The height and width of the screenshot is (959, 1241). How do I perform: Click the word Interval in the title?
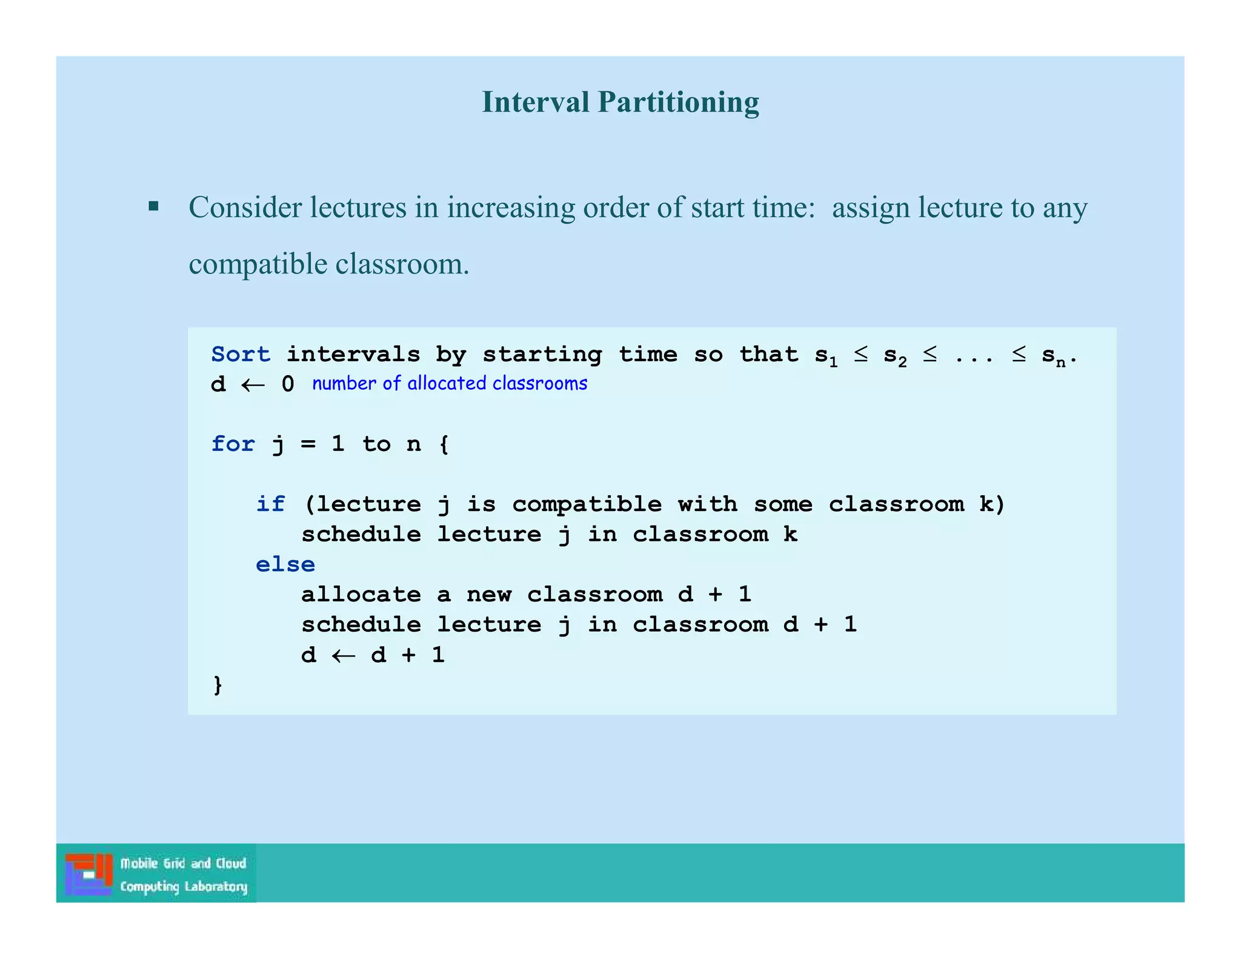(x=535, y=102)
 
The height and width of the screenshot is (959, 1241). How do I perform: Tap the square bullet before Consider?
(x=154, y=207)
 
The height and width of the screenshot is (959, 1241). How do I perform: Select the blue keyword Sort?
(x=241, y=354)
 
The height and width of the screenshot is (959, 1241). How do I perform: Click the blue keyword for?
(x=233, y=444)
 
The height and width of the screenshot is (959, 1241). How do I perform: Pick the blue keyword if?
(x=270, y=504)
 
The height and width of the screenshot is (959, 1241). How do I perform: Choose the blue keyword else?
(x=285, y=564)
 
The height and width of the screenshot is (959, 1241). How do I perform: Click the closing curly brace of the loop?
(x=218, y=685)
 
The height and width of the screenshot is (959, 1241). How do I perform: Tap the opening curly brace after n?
(x=444, y=444)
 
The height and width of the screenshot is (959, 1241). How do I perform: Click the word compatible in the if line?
(x=586, y=504)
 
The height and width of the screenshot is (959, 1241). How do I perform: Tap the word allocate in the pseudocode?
(x=361, y=594)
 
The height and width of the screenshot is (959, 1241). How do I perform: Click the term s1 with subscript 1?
(x=826, y=356)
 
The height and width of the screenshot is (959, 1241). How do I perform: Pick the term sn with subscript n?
(x=1053, y=356)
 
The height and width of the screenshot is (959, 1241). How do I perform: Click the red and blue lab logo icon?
(x=89, y=874)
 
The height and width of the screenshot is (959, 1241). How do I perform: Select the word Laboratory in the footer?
(x=216, y=887)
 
